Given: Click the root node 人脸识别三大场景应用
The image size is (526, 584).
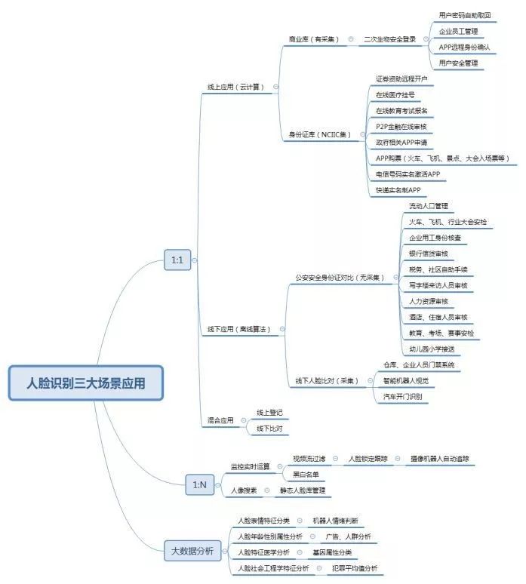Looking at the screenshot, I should click(85, 383).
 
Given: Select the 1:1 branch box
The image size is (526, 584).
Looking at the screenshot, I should click(177, 261).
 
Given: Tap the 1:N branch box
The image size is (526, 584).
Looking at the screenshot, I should click(199, 484).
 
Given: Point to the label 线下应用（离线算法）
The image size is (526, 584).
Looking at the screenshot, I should click(238, 329).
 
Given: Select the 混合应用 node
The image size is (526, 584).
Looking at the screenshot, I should click(221, 420).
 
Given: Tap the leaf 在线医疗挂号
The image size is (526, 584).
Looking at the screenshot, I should click(395, 94).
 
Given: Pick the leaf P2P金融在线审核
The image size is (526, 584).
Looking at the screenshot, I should click(401, 127).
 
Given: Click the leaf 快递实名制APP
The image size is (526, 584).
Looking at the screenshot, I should click(398, 190).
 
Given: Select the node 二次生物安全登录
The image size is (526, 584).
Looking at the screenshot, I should click(389, 38).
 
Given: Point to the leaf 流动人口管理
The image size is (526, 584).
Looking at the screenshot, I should click(428, 206).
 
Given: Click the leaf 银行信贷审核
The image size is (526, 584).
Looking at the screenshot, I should click(428, 254).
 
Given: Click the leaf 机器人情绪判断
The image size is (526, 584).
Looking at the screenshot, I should click(336, 521).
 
